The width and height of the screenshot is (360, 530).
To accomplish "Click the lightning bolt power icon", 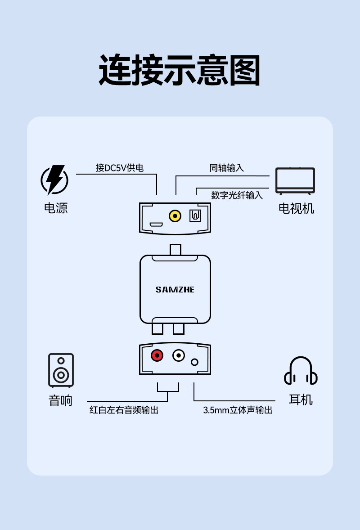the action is (x=55, y=180).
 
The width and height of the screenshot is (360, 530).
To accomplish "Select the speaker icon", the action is (x=61, y=370).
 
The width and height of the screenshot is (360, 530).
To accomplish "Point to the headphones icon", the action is (x=301, y=371).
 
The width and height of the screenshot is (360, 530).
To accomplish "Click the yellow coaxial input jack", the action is (x=175, y=216).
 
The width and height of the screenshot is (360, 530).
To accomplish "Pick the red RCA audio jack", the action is (x=157, y=355).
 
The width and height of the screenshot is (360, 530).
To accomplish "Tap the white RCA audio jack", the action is (x=179, y=355).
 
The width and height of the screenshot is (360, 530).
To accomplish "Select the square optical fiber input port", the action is (x=195, y=216).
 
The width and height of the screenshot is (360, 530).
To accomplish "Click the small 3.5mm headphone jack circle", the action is (x=194, y=362).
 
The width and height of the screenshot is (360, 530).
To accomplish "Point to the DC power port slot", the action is (x=156, y=225).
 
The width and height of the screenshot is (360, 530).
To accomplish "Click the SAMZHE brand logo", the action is (x=175, y=290).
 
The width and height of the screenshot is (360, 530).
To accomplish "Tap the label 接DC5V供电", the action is (x=120, y=168).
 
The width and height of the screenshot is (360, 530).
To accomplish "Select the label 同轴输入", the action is (x=226, y=168).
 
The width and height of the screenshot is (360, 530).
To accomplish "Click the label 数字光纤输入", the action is (x=237, y=195).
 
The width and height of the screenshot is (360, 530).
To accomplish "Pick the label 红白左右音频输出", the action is (x=124, y=410).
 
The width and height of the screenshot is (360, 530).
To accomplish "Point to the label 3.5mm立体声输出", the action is (x=238, y=410).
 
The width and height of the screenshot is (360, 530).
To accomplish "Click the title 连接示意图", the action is (x=180, y=70).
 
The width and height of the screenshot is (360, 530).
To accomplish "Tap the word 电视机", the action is (x=296, y=208).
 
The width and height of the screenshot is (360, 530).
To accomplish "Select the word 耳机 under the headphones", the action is (x=301, y=400).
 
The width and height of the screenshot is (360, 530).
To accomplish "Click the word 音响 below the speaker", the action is (x=61, y=400).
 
